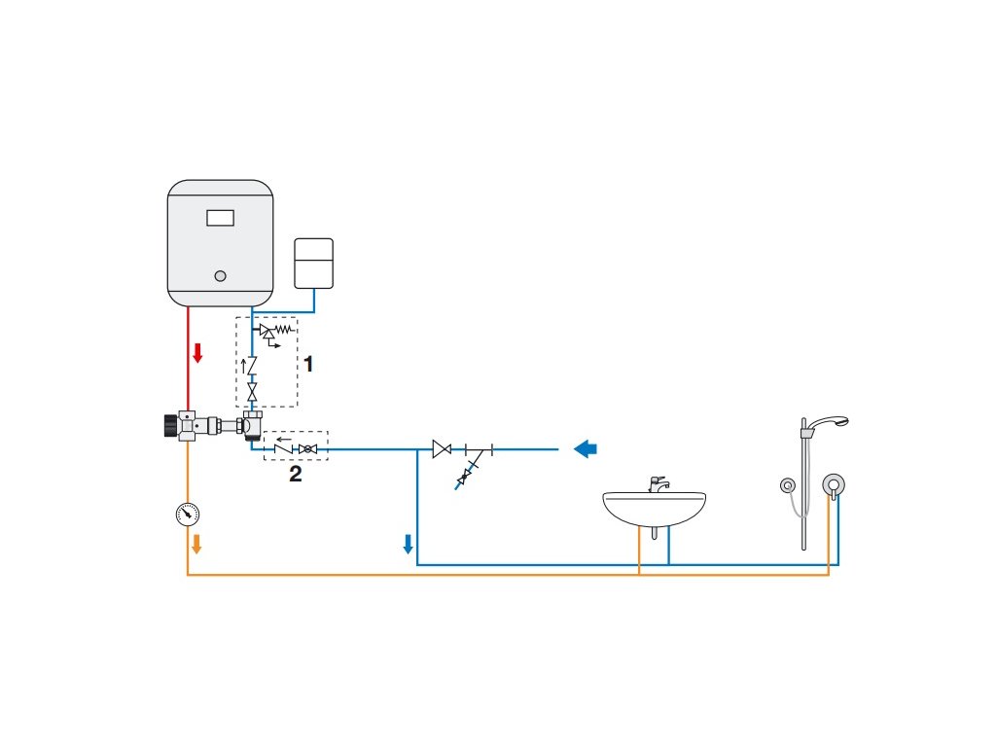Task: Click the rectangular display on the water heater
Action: click(x=220, y=218)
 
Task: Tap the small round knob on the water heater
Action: click(x=221, y=275)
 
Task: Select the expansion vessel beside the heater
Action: click(x=313, y=263)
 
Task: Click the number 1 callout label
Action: click(x=308, y=364)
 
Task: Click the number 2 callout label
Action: click(x=296, y=474)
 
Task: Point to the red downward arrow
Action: click(x=197, y=352)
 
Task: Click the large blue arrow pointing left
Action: click(x=586, y=448)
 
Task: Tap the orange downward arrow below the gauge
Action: click(x=196, y=543)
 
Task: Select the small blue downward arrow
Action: click(x=409, y=543)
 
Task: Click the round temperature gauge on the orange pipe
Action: click(x=188, y=513)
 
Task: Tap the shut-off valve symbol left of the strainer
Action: click(x=442, y=449)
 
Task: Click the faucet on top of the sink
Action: click(x=658, y=483)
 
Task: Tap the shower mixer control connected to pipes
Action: click(x=833, y=483)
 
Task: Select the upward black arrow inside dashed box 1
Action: click(x=243, y=368)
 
